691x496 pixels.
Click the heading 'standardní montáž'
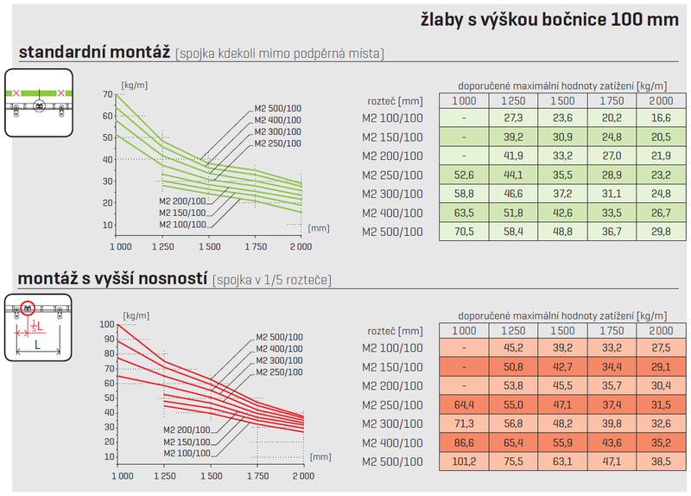(x=94, y=53)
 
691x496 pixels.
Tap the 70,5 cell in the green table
(x=464, y=232)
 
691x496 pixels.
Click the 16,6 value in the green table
(x=662, y=118)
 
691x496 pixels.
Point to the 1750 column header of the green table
(x=612, y=101)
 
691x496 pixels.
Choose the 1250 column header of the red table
(x=513, y=331)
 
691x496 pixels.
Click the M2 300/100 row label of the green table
(x=392, y=194)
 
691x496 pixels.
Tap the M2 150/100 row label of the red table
(x=392, y=367)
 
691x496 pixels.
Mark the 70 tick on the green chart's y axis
(x=107, y=94)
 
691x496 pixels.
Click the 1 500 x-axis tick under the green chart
(x=210, y=247)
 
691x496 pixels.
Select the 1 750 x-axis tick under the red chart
(x=255, y=476)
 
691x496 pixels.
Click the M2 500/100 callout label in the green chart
(x=277, y=107)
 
